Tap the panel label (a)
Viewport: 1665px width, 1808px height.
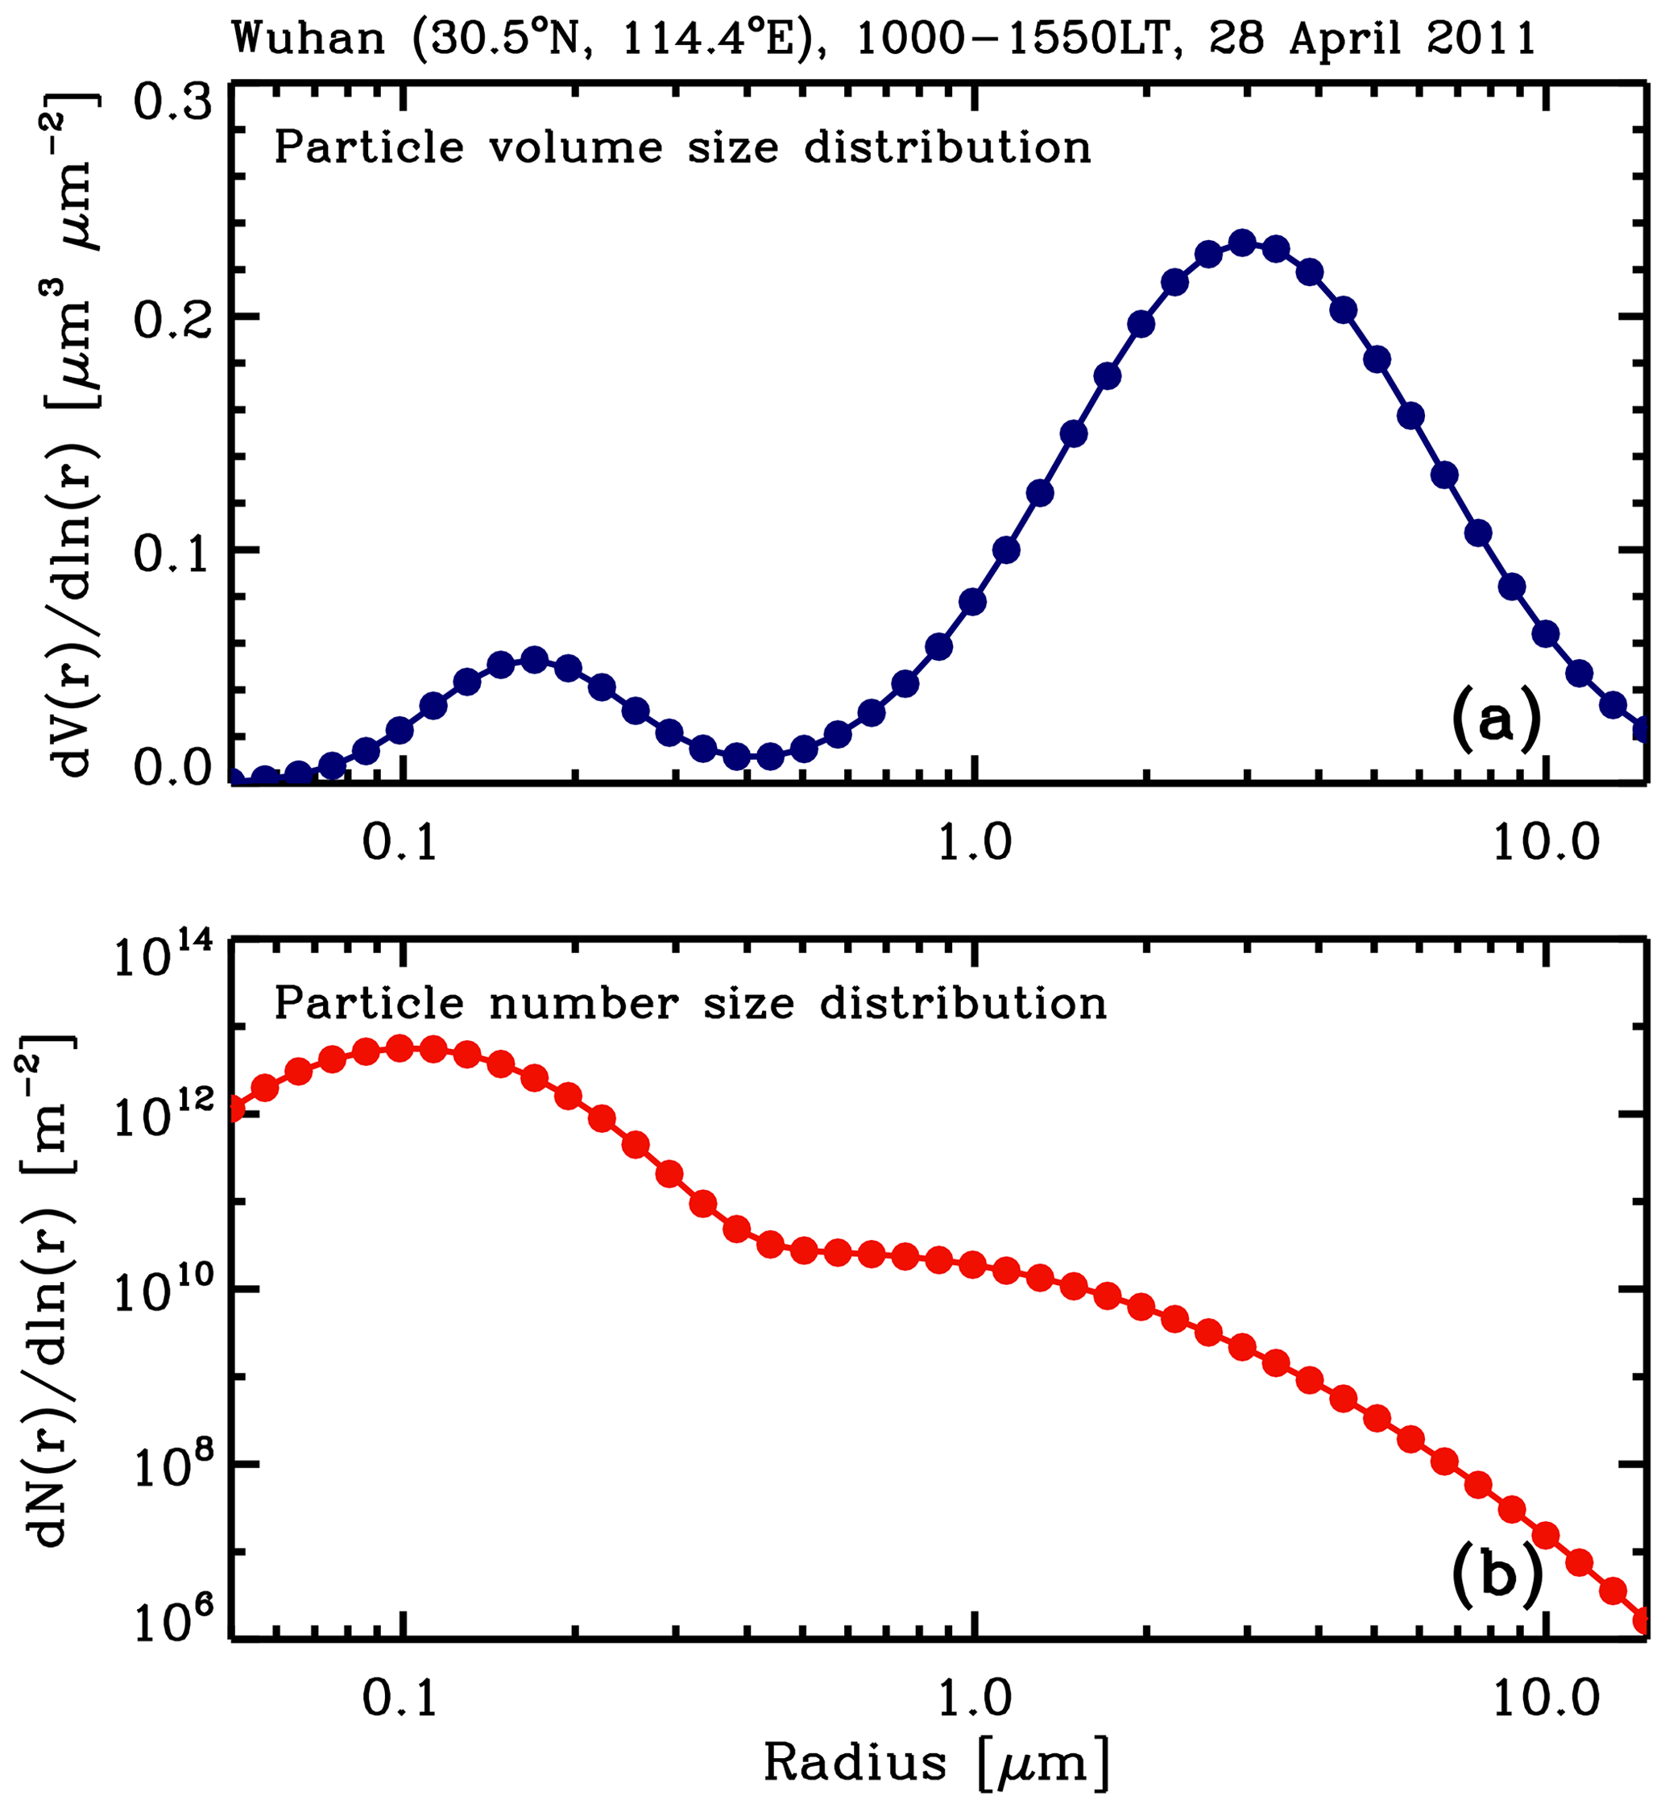[x=1496, y=721]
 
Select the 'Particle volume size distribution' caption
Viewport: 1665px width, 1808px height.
[x=682, y=147]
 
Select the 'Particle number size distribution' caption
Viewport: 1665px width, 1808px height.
[x=690, y=1003]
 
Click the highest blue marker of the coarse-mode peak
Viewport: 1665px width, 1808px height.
[x=1242, y=243]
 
